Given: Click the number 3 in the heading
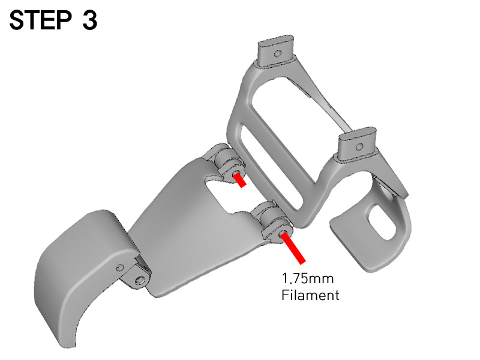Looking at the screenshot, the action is pos(89,20).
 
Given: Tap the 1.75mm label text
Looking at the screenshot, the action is pos(308,278).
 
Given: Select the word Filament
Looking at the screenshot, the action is pos(310,295).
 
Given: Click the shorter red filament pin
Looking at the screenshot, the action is pos(239,181).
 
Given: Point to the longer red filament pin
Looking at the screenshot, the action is pos(293,248).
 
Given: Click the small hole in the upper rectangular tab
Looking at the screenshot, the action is pos(277,54).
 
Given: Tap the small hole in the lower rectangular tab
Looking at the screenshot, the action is pos(359,146).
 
